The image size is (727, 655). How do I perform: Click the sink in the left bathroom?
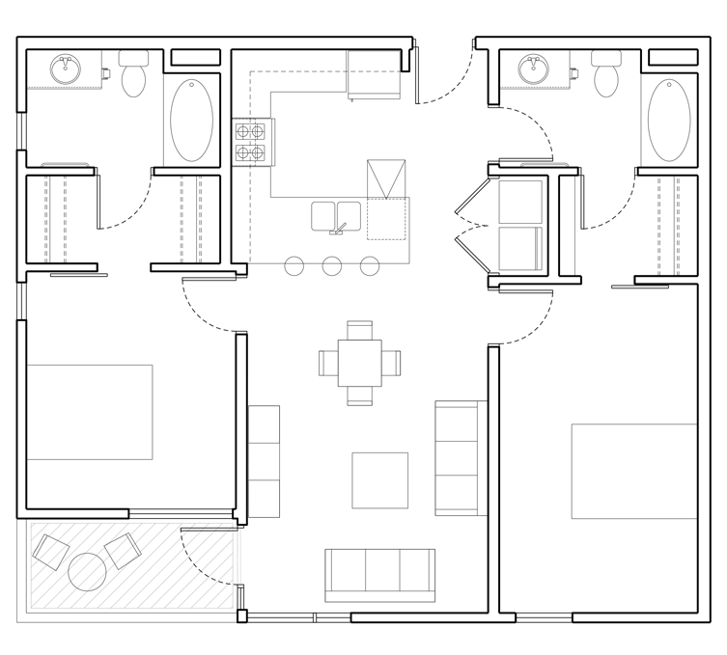point(66,68)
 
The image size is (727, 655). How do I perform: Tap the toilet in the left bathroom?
point(133,75)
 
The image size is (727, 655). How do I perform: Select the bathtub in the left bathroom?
point(191,120)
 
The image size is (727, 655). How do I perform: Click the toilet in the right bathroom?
point(606,75)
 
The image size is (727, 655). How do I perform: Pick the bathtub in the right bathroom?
point(669,120)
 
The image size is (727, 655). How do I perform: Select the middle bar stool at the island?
point(332,266)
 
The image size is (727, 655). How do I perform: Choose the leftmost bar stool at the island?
point(294,266)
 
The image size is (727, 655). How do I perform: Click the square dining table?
point(359,363)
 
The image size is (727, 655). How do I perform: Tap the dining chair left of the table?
point(328,363)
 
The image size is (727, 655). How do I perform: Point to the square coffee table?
point(379,479)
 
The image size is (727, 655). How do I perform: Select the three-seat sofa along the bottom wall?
point(379,575)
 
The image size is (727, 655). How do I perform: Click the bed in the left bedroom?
point(89,412)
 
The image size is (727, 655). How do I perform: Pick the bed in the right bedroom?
point(633,471)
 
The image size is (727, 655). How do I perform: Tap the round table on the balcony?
point(89,571)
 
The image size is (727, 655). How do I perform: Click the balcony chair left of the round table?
point(50,551)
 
